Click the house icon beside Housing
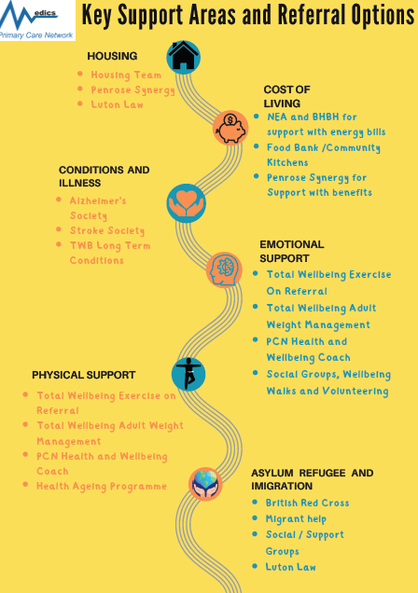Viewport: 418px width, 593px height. tap(184, 57)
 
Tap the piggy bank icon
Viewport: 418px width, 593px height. tap(230, 128)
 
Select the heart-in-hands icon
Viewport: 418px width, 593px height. tap(186, 202)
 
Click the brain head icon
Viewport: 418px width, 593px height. tap(224, 269)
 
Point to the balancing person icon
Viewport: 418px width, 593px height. tap(188, 374)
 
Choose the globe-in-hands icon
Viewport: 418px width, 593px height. tap(205, 484)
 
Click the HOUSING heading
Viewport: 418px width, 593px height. tap(112, 56)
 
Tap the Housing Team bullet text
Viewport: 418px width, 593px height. tap(126, 75)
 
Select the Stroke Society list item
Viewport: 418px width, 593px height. tap(107, 230)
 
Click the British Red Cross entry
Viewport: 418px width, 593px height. tap(308, 503)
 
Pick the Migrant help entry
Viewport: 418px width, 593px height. tap(296, 518)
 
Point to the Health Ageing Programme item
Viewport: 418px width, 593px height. tap(102, 486)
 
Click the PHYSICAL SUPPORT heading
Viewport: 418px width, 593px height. tap(84, 375)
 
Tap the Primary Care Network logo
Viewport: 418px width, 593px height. tap(37, 20)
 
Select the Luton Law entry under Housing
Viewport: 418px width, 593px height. tap(117, 104)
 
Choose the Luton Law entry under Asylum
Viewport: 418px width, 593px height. tap(290, 567)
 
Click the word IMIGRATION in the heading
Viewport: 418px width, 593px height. tap(282, 486)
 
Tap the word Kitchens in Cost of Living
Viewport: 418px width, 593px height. tap(287, 162)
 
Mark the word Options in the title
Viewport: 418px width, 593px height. tap(383, 16)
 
